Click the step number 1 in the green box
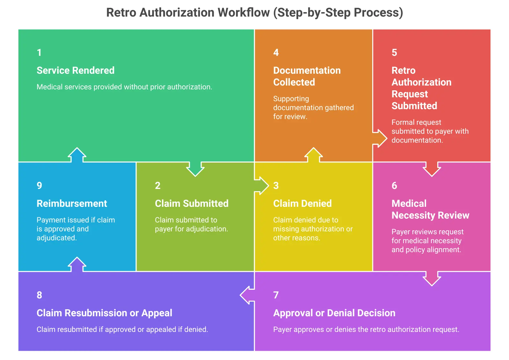[39, 52]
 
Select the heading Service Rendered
[75, 70]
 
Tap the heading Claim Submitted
[191, 203]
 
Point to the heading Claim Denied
[302, 203]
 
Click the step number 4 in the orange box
[276, 52]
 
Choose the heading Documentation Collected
[306, 76]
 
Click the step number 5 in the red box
[394, 52]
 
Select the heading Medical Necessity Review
[430, 209]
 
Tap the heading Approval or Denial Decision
[334, 313]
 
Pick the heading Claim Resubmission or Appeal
[104, 313]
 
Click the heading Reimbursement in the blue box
[72, 203]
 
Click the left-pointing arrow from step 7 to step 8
[247, 295]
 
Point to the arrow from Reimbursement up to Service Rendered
[77, 155]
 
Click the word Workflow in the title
[244, 12]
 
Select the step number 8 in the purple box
[39, 295]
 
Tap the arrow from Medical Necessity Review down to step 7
[432, 278]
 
